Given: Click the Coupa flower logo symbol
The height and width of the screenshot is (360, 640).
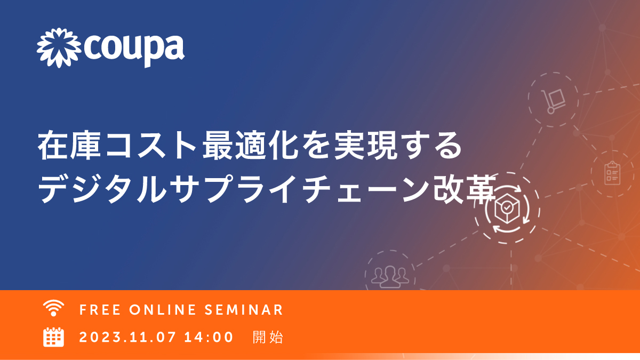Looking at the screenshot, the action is [x=59, y=48].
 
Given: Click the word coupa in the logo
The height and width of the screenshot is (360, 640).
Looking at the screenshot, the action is [x=134, y=51].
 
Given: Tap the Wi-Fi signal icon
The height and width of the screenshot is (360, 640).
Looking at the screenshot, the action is [x=53, y=308].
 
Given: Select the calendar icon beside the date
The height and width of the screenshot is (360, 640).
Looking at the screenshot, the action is [x=53, y=337].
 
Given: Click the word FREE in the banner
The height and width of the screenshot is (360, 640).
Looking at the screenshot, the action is [x=100, y=310].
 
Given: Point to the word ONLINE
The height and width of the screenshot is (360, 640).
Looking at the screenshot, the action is [x=163, y=310].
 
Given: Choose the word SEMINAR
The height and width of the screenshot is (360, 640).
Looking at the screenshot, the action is [x=244, y=310].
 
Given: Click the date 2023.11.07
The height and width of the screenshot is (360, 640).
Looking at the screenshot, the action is [x=127, y=337].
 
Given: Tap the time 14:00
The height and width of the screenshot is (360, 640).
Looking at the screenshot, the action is [x=209, y=337].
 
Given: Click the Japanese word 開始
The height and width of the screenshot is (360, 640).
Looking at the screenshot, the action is [x=268, y=337].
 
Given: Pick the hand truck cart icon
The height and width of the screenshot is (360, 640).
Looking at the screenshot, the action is [x=553, y=101].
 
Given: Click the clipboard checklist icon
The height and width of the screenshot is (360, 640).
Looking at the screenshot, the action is [x=613, y=173].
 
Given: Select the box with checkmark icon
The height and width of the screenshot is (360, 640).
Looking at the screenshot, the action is [x=507, y=209].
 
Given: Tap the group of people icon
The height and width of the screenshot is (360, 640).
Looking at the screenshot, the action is [x=390, y=276].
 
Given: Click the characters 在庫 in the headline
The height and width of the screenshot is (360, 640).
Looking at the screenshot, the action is [x=69, y=145].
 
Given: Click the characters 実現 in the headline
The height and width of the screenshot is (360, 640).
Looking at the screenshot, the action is [x=366, y=145].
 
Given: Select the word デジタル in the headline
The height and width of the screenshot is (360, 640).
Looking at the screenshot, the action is [x=102, y=189].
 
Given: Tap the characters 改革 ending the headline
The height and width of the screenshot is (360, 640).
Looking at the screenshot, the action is [x=464, y=189].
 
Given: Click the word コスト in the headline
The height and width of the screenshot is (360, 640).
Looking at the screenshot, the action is [x=151, y=146].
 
